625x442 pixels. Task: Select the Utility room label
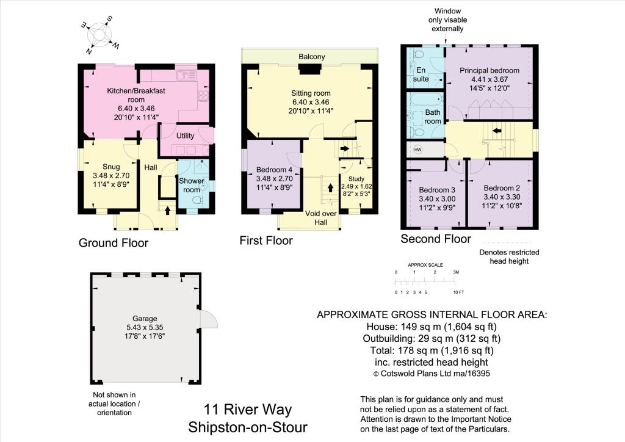tap(185, 136)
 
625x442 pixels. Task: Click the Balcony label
tap(311, 57)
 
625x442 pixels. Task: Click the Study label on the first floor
tap(356, 179)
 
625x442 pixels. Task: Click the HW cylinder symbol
tap(418, 150)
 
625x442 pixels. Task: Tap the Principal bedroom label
tap(489, 71)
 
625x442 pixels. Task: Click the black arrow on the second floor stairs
tap(498, 130)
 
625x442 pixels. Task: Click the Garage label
tap(145, 318)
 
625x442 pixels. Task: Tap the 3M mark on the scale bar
tap(455, 272)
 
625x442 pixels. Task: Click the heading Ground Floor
tap(114, 243)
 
